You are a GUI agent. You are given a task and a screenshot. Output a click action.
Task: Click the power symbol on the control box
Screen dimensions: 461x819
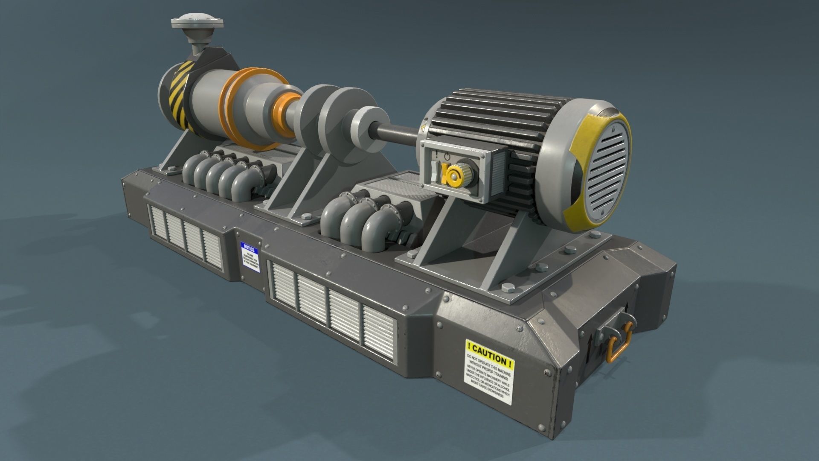[446, 156]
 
